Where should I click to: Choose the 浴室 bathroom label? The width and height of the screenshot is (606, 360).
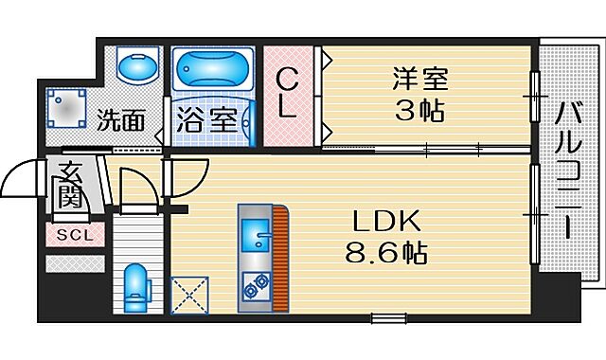pos(202,121)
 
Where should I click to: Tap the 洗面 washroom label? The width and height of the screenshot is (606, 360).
pos(120,120)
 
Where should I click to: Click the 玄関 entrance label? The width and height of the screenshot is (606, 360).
pos(69,184)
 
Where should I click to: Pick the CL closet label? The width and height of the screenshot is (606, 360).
pos(288,92)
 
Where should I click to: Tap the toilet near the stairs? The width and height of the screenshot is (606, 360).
pos(137,283)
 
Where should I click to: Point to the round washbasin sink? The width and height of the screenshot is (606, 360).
pos(136,68)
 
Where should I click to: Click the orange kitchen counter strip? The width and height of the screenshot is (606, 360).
pos(278,256)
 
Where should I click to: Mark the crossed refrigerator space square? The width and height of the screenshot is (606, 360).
pos(189,295)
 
